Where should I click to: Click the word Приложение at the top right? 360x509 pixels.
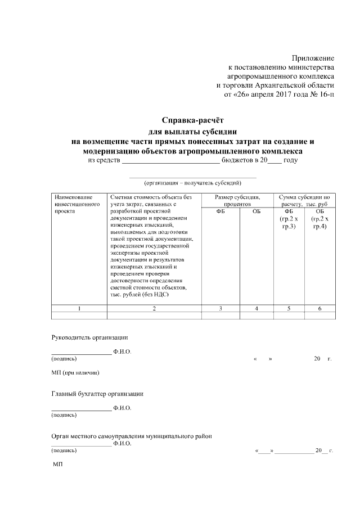(x=313, y=58)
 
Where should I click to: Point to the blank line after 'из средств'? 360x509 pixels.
(x=170, y=161)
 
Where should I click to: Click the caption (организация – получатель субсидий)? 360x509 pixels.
(x=193, y=183)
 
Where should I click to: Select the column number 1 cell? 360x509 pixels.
(x=79, y=308)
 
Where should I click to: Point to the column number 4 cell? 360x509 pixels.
(x=256, y=308)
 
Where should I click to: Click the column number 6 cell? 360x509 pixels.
(x=320, y=308)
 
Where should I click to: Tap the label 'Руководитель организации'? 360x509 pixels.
(x=89, y=337)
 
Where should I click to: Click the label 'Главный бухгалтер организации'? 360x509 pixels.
(x=97, y=394)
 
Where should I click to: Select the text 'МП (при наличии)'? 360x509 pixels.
(x=75, y=373)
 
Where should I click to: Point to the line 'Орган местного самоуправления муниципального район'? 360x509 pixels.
(x=132, y=436)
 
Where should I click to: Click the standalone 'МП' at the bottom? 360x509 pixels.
(x=58, y=466)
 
